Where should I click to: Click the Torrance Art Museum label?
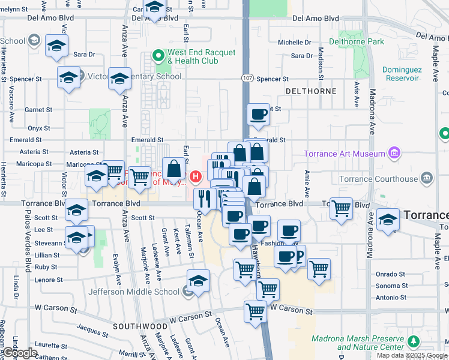344,154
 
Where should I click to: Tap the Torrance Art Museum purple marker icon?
394,154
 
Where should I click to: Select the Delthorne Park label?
359,42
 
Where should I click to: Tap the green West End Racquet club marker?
158,57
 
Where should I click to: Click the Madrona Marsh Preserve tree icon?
413,342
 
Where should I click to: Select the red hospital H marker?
195,177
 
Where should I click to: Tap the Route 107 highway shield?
247,79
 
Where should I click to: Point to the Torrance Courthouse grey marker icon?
427,178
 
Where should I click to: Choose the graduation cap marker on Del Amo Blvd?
155,8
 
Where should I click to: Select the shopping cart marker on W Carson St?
255,311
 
